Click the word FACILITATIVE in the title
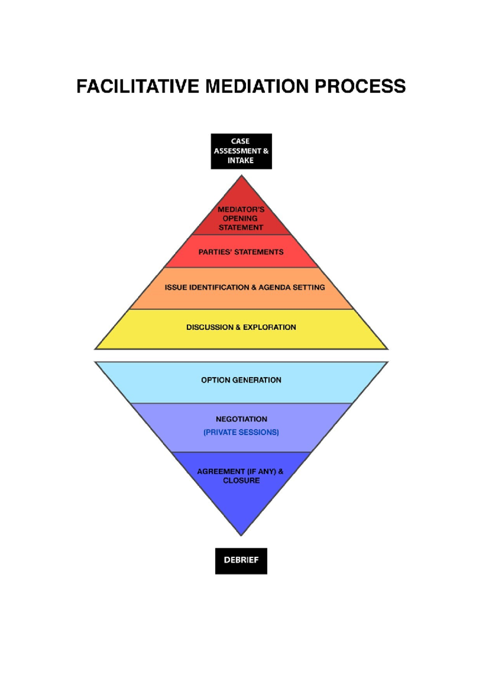[138, 87]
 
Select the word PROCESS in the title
[360, 87]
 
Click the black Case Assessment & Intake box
[241, 151]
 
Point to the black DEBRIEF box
[241, 561]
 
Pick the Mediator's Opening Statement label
[241, 218]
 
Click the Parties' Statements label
[241, 252]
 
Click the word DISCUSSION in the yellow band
[210, 327]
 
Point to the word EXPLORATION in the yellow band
[269, 327]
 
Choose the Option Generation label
[241, 380]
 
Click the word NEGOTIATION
[242, 419]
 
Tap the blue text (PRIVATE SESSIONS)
[241, 432]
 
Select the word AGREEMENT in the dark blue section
[221, 471]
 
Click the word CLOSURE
[241, 481]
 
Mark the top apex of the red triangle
[242, 176]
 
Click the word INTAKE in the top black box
[240, 161]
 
